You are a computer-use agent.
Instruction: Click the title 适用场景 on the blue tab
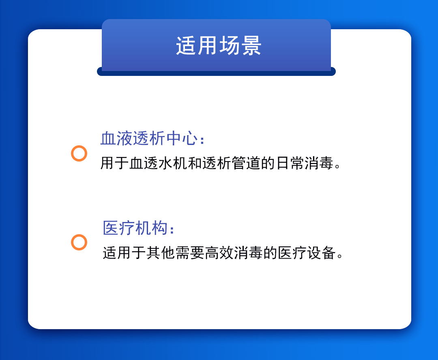(x=219, y=45)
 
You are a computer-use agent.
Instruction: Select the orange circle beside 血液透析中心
(x=79, y=153)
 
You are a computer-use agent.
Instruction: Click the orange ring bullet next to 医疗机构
(x=79, y=242)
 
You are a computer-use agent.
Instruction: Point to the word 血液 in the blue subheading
(x=116, y=138)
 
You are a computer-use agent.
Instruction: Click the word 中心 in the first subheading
(x=182, y=138)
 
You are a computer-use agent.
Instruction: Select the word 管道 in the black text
(x=246, y=163)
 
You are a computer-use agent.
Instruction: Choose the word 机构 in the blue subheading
(x=152, y=228)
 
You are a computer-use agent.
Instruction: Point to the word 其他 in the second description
(x=161, y=253)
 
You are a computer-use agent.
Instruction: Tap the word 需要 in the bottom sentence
(x=190, y=253)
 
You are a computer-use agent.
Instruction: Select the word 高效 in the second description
(x=219, y=253)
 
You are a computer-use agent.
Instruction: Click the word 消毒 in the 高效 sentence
(x=248, y=253)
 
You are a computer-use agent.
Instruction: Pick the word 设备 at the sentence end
(x=321, y=253)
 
